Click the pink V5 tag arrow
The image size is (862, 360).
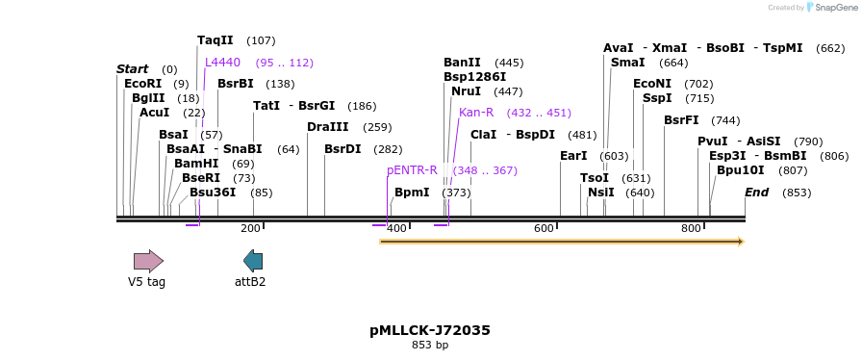(x=148, y=260)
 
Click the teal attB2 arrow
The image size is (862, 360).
(x=253, y=260)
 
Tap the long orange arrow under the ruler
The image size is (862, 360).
(x=562, y=242)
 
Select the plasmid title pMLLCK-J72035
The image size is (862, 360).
(x=430, y=330)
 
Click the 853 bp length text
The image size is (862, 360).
(x=430, y=345)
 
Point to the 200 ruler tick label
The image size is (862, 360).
(x=250, y=229)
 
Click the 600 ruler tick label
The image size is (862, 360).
(x=545, y=229)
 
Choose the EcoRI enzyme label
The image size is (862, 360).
(x=142, y=84)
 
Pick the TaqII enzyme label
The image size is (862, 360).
(x=215, y=40)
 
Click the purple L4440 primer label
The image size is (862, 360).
(x=222, y=63)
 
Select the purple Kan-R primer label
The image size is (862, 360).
(x=476, y=113)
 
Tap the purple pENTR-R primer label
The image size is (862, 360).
(x=412, y=170)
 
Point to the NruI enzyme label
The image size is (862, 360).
(x=467, y=91)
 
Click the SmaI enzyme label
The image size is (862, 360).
(x=628, y=63)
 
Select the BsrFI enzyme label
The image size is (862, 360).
(x=682, y=120)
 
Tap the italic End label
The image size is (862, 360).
(x=756, y=193)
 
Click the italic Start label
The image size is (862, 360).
(x=133, y=69)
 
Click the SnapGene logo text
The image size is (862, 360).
(x=833, y=8)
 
